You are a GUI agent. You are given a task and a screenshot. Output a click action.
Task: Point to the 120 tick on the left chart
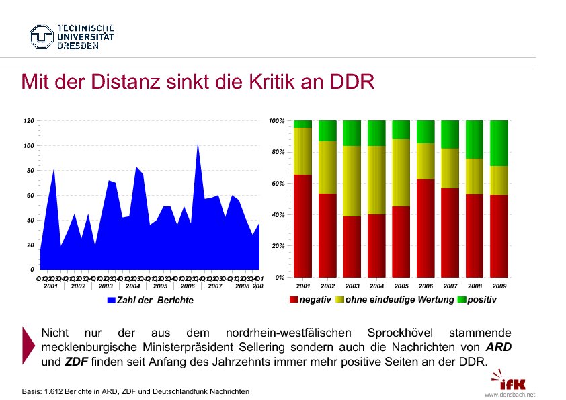[29, 121]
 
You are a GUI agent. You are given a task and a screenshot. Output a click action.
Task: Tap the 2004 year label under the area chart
[132, 286]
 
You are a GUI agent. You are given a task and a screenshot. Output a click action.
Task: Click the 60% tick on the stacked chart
[278, 184]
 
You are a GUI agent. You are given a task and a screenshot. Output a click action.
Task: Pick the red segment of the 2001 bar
[302, 225]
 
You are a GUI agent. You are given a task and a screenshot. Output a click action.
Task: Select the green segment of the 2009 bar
[498, 143]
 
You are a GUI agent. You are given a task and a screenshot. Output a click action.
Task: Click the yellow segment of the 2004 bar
[376, 179]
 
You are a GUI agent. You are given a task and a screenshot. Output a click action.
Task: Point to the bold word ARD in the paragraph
[498, 348]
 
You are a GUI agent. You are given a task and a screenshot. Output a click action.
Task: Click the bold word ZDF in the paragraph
[77, 362]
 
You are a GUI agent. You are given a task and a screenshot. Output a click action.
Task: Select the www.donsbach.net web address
[510, 395]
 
